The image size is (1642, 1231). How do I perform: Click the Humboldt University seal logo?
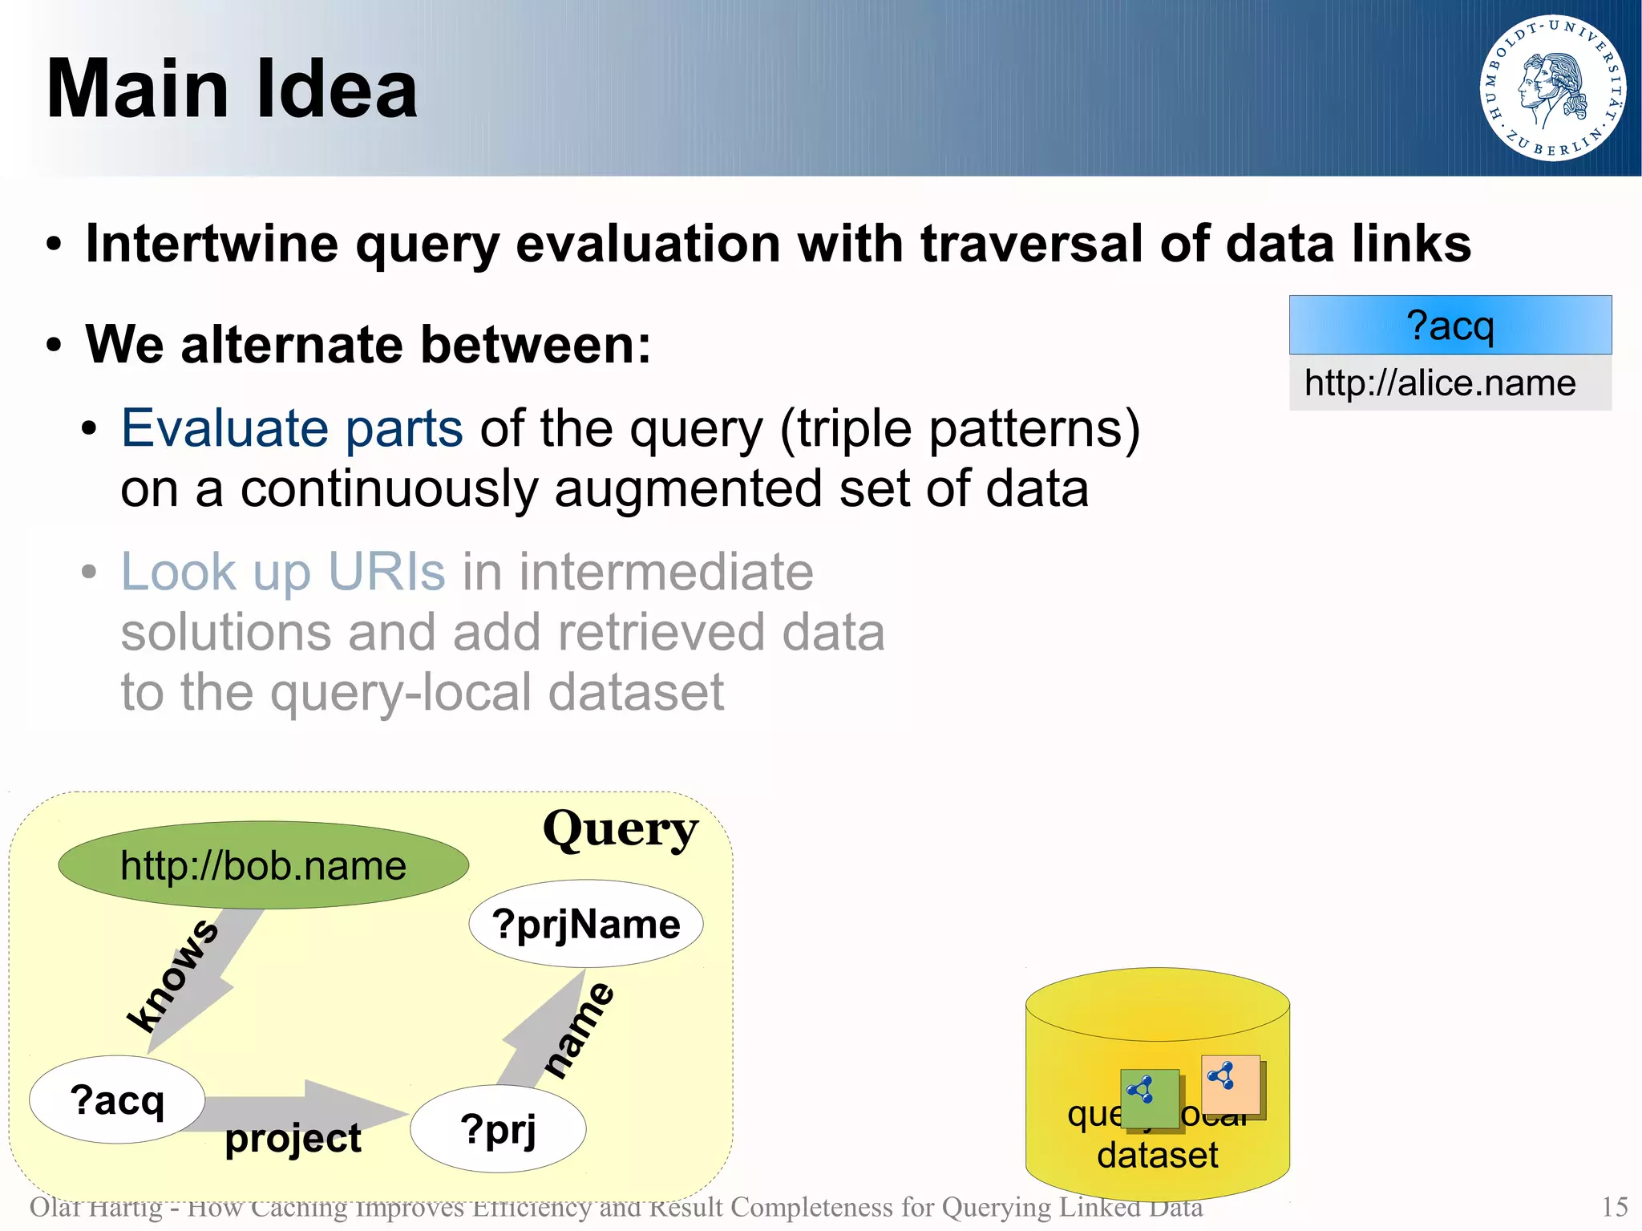[x=1552, y=87]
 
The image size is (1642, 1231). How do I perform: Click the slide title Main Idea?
[x=232, y=90]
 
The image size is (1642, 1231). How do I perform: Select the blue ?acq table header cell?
[x=1450, y=326]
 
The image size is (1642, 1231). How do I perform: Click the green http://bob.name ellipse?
[x=263, y=865]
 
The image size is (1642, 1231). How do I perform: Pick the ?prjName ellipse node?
[x=586, y=925]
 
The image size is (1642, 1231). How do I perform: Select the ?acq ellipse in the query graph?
[x=117, y=1099]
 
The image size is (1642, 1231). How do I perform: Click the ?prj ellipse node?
[x=498, y=1129]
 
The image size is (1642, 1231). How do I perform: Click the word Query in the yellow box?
[x=620, y=830]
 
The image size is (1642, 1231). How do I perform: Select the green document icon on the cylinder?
[x=1151, y=1099]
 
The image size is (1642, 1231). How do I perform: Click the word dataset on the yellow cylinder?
[x=1157, y=1156]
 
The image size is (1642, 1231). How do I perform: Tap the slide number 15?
[x=1614, y=1207]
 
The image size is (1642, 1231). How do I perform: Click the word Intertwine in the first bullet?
[x=212, y=244]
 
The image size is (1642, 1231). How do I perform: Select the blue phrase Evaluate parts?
[x=292, y=429]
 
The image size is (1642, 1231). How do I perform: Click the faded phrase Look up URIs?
[x=282, y=572]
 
